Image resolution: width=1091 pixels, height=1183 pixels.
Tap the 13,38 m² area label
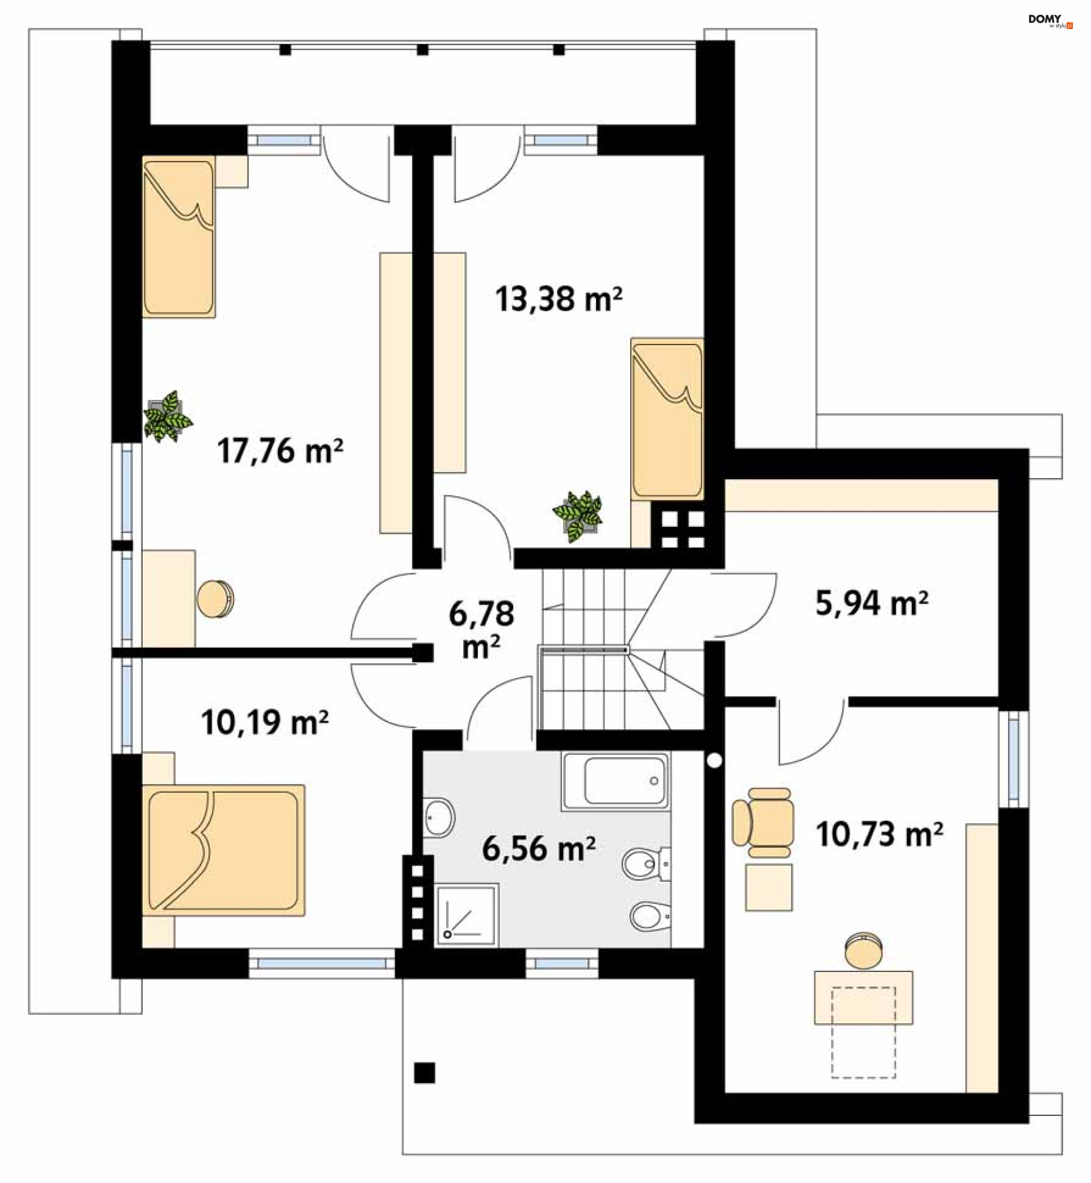(559, 299)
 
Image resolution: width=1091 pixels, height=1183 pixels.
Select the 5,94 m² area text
(872, 603)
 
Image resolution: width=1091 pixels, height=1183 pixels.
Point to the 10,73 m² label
(879, 834)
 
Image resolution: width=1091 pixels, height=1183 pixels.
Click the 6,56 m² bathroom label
(539, 849)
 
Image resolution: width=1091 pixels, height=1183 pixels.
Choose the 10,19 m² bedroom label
(264, 723)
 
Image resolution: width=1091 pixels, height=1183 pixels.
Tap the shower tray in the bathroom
(467, 915)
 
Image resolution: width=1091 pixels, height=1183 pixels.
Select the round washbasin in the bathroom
(439, 818)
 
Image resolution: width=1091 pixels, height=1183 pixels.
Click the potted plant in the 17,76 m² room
(168, 416)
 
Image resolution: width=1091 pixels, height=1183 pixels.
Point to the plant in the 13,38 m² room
(577, 516)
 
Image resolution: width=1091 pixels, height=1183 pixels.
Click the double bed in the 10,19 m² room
(223, 850)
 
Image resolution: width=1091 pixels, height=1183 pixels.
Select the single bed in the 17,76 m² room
(178, 237)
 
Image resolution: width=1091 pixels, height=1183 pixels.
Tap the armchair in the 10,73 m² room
(762, 823)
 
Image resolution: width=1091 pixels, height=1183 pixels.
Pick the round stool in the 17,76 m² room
(215, 599)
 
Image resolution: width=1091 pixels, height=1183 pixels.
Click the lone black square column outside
(424, 1073)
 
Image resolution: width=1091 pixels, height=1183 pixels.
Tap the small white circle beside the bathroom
(714, 761)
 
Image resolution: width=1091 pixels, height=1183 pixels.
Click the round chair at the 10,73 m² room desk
(864, 951)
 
